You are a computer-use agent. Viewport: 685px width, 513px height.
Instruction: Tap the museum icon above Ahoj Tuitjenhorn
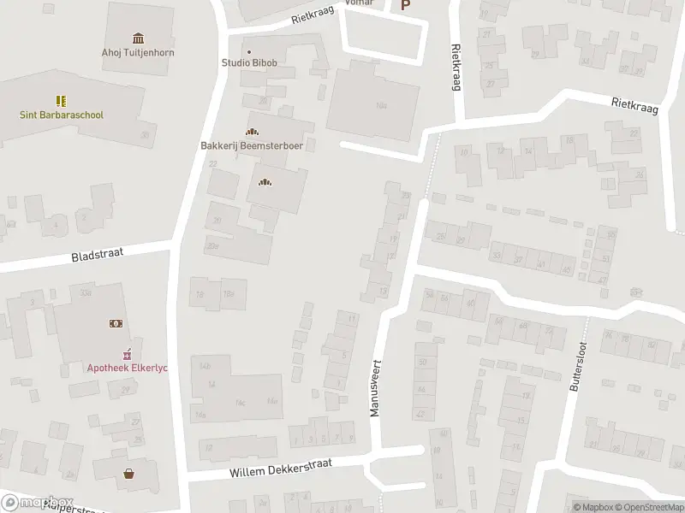[138, 38]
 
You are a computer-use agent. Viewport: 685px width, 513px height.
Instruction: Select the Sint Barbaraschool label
[62, 114]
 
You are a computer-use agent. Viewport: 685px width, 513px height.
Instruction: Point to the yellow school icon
[62, 101]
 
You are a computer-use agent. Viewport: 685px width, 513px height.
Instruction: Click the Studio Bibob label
[250, 62]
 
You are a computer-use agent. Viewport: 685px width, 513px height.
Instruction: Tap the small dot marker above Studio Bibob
[249, 51]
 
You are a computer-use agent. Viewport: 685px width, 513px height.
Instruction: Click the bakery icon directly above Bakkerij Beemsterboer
[252, 132]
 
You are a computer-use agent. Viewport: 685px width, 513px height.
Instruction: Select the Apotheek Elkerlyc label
[128, 368]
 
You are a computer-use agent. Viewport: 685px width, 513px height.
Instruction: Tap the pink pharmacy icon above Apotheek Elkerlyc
[128, 352]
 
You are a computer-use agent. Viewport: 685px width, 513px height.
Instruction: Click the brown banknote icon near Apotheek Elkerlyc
[115, 323]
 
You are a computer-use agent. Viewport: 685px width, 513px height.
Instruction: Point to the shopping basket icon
[129, 473]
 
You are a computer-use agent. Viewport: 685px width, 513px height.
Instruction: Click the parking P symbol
[406, 5]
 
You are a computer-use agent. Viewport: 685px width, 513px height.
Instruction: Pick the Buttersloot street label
[576, 367]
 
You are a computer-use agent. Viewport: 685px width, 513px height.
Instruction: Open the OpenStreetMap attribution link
[647, 507]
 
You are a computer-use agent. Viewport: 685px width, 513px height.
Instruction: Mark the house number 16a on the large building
[382, 105]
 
